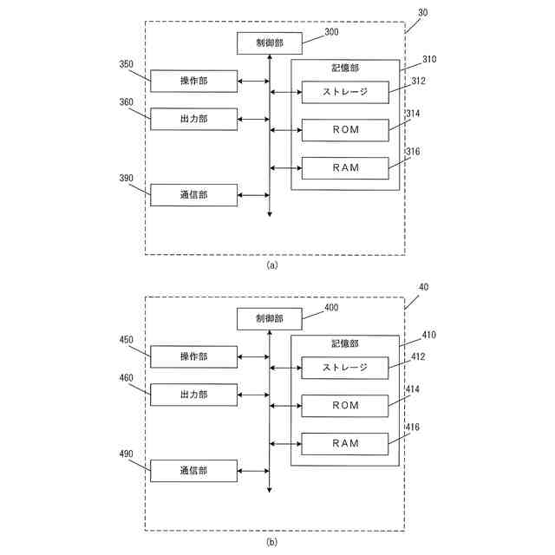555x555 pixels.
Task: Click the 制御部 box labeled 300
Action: pyautogui.click(x=269, y=42)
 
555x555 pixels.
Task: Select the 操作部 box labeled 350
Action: pyautogui.click(x=193, y=81)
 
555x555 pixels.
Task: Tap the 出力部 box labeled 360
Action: pyautogui.click(x=193, y=119)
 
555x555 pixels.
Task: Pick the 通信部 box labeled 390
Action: pyautogui.click(x=193, y=195)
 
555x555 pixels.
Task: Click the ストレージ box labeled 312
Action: pyautogui.click(x=344, y=92)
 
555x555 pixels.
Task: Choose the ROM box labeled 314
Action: pyautogui.click(x=344, y=130)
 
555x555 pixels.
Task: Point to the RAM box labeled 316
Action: pyautogui.click(x=344, y=168)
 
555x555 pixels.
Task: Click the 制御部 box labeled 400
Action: pyautogui.click(x=269, y=318)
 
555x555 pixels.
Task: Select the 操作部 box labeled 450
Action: pyautogui.click(x=193, y=356)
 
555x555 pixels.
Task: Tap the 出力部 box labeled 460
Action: pyautogui.click(x=193, y=395)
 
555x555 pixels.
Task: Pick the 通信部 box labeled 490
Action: pyautogui.click(x=193, y=471)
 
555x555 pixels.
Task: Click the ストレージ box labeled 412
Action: pyautogui.click(x=344, y=368)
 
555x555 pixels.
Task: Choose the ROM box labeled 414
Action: pyautogui.click(x=344, y=406)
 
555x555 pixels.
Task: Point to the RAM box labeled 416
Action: pyautogui.click(x=344, y=443)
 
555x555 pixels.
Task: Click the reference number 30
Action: pyautogui.click(x=422, y=13)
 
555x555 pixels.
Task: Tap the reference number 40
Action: pyautogui.click(x=422, y=288)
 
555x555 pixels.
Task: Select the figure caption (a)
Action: pyautogui.click(x=272, y=266)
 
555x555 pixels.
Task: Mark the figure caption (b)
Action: pyautogui.click(x=272, y=542)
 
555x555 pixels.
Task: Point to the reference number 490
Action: pyautogui.click(x=126, y=454)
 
